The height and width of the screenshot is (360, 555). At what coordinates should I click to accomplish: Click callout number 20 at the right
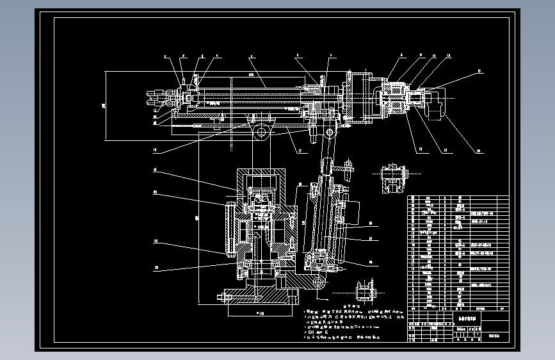[478, 152]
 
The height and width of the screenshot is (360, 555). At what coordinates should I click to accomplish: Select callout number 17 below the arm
[298, 151]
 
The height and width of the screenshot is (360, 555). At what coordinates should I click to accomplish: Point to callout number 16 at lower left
[155, 152]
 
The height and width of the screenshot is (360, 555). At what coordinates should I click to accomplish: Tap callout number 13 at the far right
[478, 71]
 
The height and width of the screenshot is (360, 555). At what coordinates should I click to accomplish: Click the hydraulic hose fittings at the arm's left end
[157, 97]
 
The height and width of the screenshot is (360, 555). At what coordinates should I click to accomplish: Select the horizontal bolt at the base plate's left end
[225, 297]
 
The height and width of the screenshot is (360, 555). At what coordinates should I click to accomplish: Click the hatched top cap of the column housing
[262, 175]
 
